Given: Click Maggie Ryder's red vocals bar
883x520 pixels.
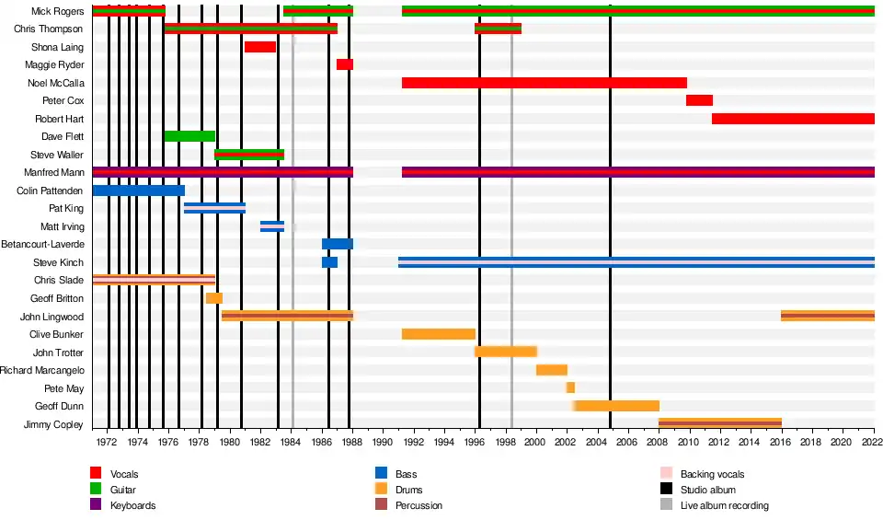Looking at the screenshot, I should coord(344,64).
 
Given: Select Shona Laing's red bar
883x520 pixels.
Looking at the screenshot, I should coord(260,47).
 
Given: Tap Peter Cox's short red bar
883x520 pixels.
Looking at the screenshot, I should coord(699,100).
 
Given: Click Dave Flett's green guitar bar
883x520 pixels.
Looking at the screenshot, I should coord(189,136).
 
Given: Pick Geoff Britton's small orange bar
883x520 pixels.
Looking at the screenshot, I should coord(213,298).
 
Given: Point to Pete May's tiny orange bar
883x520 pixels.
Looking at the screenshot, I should coord(570,387).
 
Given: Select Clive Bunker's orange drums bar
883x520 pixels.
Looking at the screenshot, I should coord(438,334).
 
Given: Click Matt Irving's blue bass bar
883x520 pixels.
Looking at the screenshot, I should coord(272,226).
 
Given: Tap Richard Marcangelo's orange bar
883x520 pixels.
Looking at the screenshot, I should coord(552,370).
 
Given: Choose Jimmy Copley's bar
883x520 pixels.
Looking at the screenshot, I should coord(720,423).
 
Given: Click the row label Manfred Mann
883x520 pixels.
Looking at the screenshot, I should coord(57,172).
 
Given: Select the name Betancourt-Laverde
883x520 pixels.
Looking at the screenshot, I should coord(43,244).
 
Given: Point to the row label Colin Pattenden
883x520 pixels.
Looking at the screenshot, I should coord(51,191).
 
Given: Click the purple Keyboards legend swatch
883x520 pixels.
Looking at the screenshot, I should coord(96,505).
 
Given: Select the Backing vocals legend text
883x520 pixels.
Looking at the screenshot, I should coord(712,474).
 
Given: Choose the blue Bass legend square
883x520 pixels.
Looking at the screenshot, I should coord(381,474).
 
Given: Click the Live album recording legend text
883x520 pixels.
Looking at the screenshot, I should coord(724,505).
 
